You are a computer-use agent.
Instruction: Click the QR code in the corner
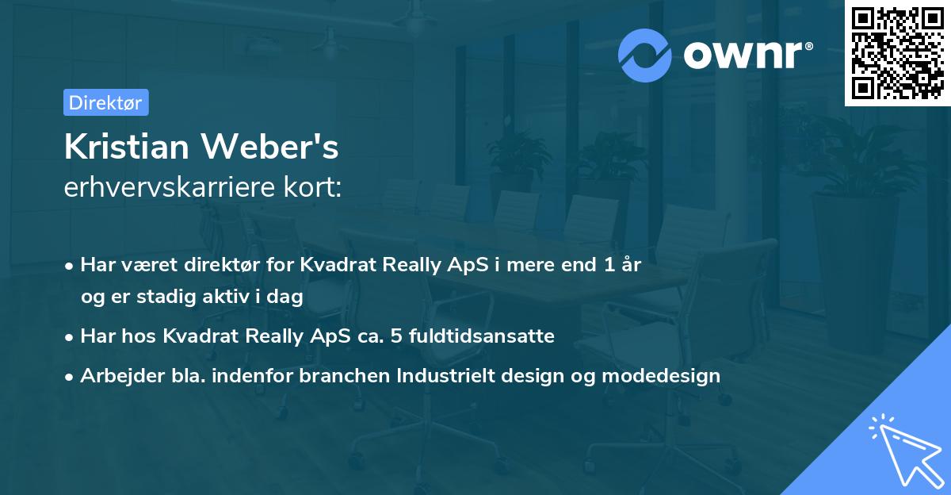point(898,52)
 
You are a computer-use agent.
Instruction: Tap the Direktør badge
point(105,102)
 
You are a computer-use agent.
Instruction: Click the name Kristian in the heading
point(125,147)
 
